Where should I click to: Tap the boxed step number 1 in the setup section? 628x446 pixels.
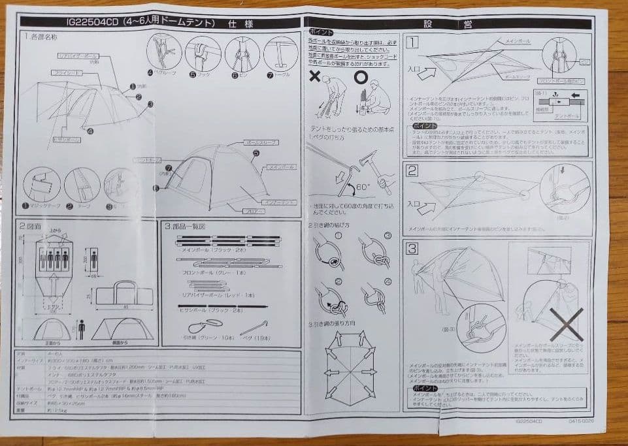[x=412, y=43]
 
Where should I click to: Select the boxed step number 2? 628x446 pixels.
[x=412, y=172]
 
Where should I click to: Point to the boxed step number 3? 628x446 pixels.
[x=413, y=249]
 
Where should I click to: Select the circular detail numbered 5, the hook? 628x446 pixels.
[x=203, y=53]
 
